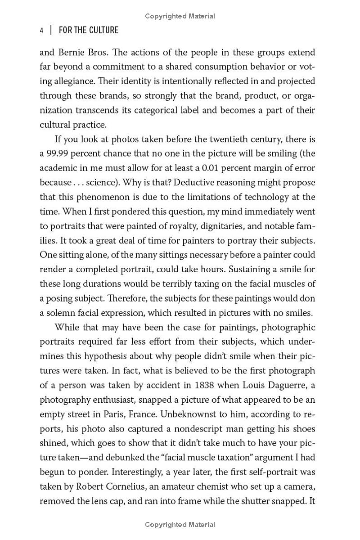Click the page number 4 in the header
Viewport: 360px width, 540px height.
tap(41, 31)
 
